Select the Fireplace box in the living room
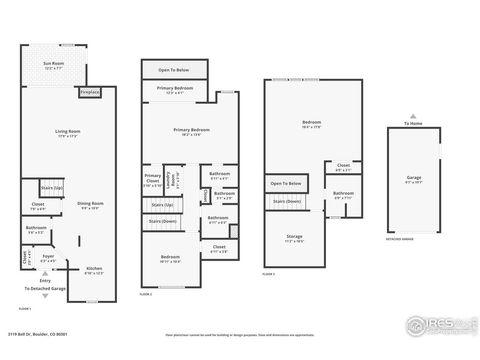(88, 91)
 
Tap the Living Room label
(68, 134)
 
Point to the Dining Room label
(91, 205)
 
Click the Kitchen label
(92, 270)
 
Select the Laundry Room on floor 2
(170, 180)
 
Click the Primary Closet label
(152, 181)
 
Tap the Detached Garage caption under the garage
(401, 240)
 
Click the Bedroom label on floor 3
(311, 124)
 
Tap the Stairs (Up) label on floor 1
(50, 187)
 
